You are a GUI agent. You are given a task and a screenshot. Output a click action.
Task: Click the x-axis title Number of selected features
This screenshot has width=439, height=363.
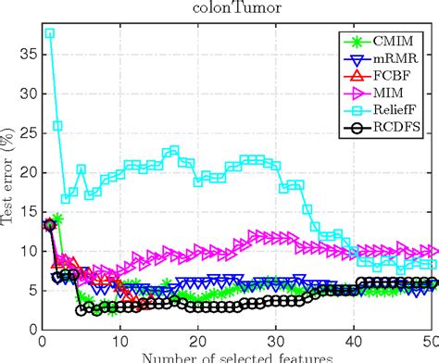point(235,357)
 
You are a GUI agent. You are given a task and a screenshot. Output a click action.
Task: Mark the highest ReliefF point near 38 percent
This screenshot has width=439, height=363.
point(49,33)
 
